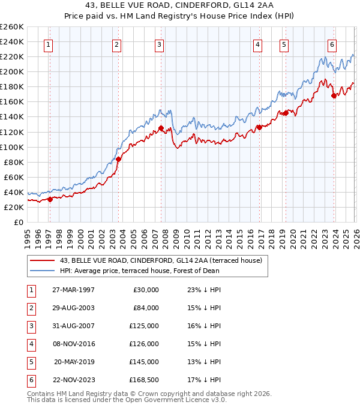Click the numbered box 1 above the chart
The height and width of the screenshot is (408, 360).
(48, 44)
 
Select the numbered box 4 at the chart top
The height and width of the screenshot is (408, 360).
(257, 44)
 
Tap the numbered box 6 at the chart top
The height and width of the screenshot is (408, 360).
(332, 44)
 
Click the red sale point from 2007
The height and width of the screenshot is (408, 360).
(161, 128)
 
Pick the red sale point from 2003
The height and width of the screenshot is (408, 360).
(119, 159)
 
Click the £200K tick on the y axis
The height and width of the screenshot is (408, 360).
(12, 71)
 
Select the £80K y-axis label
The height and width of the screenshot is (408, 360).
(14, 162)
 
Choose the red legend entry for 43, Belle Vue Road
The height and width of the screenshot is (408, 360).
(161, 260)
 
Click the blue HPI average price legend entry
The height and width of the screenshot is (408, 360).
(139, 271)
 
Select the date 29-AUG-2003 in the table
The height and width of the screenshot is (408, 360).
(73, 308)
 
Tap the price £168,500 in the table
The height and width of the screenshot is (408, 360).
(144, 380)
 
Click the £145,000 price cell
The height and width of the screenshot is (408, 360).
(144, 362)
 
